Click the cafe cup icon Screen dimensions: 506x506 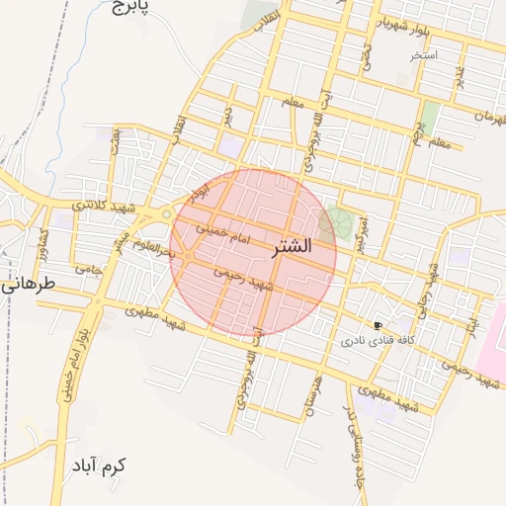(x=378, y=325)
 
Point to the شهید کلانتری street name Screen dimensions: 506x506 (x=105, y=205)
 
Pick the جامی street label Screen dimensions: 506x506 (x=89, y=269)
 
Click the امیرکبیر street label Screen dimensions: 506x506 (x=367, y=233)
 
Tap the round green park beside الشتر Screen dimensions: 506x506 (x=339, y=222)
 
